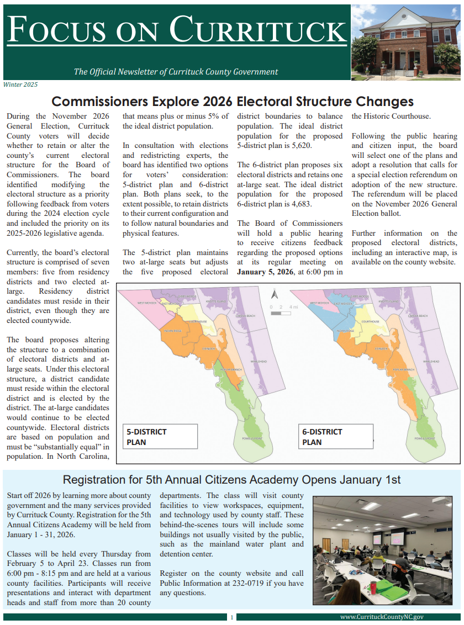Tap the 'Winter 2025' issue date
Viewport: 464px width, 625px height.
point(20,84)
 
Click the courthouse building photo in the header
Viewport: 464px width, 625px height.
point(405,43)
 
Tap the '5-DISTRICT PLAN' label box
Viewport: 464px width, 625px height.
point(160,436)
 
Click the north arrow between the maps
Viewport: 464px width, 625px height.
point(273,293)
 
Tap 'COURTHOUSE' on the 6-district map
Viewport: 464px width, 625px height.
point(370,321)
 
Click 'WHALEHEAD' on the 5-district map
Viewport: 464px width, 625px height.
point(259,362)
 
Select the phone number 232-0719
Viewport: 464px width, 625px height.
point(251,583)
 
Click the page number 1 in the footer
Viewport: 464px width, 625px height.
point(232,617)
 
